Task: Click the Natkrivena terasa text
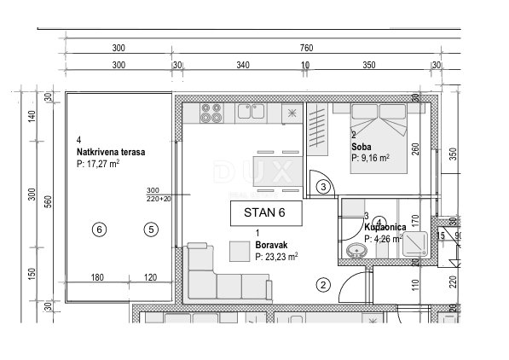[x=110, y=152]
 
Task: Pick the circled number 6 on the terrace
[x=100, y=229]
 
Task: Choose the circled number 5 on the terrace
[x=151, y=229]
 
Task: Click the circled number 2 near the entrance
[x=322, y=286]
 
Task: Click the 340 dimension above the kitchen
[x=242, y=65]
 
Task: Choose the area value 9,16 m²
[x=369, y=157]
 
